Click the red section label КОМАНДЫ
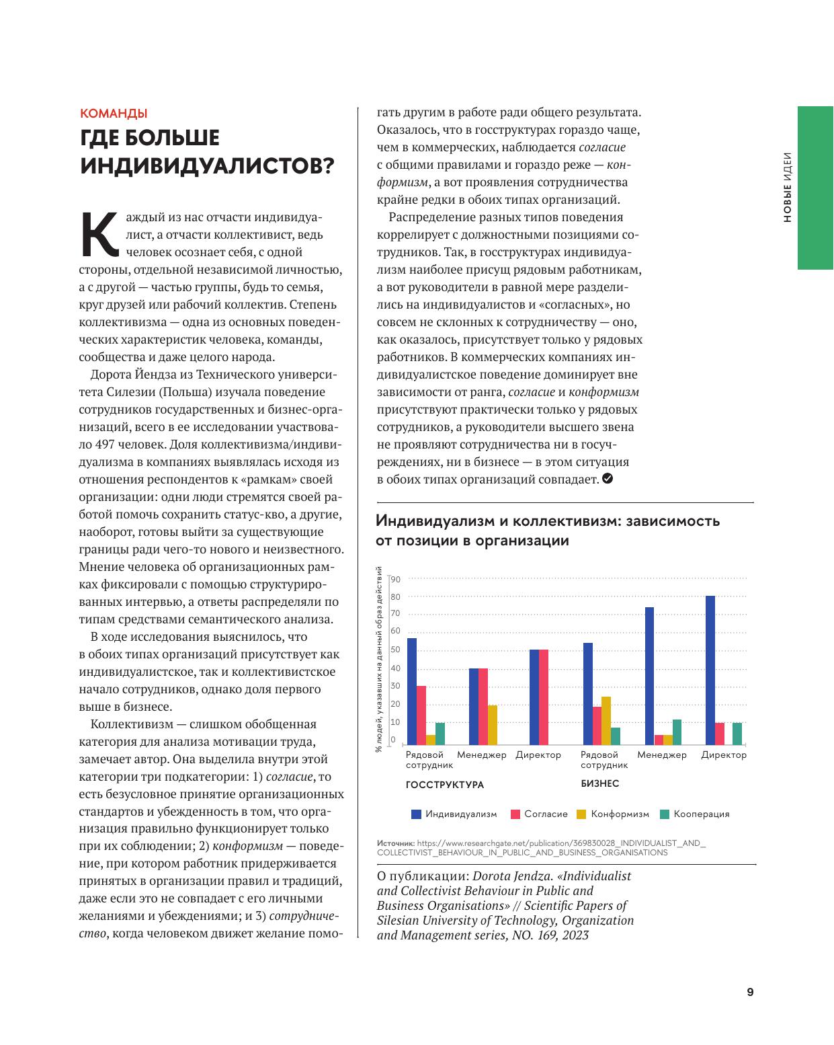(x=113, y=114)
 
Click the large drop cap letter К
(x=98, y=235)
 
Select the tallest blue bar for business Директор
(x=710, y=670)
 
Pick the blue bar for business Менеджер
(x=649, y=675)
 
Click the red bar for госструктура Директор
(x=544, y=697)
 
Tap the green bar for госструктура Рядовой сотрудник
(x=440, y=734)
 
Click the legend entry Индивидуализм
(x=454, y=814)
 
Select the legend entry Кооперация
(x=695, y=814)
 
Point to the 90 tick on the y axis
(x=396, y=579)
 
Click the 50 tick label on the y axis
(x=396, y=650)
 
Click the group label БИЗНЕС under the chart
(x=599, y=783)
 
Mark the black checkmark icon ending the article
(x=608, y=479)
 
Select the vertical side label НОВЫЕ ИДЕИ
(x=787, y=188)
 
